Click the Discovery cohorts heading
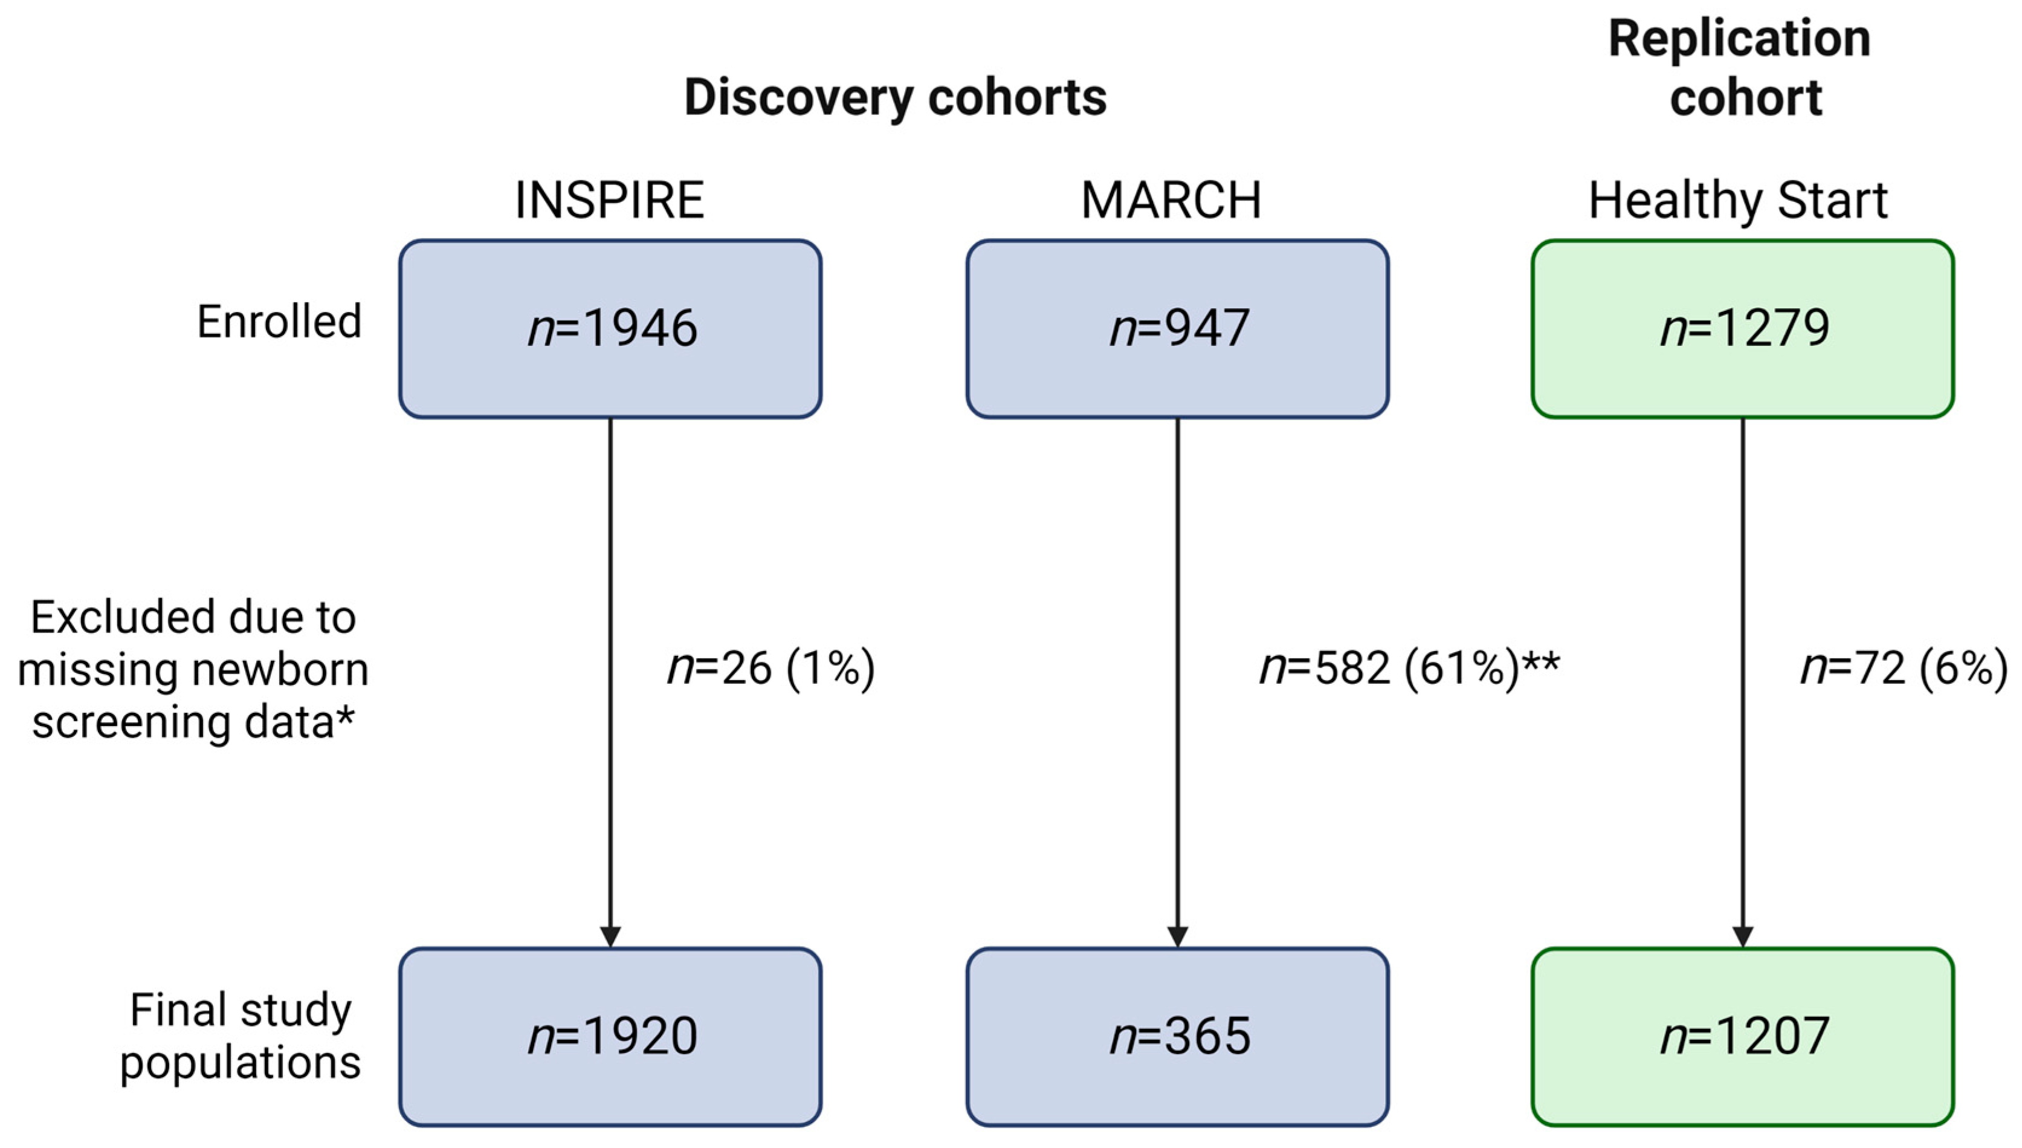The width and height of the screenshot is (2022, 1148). point(895,98)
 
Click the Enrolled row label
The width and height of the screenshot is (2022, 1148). point(279,322)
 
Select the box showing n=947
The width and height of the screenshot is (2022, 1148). point(1177,328)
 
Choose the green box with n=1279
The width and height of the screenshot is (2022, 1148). point(1742,328)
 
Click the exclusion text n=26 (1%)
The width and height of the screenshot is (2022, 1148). point(770,669)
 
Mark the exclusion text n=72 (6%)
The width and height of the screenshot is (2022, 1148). point(1903,669)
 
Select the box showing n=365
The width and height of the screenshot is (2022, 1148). point(1177,1036)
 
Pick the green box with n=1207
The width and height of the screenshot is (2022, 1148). point(1742,1036)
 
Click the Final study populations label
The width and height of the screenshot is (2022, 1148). point(241,1036)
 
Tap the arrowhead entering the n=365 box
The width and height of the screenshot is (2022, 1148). point(1177,936)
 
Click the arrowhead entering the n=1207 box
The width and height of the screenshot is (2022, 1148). point(1742,936)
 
